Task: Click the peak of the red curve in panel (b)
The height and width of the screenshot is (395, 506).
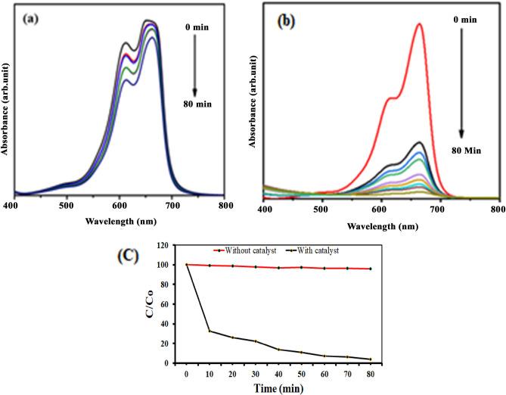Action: tap(418, 23)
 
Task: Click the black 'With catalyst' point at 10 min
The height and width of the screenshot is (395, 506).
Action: tap(209, 331)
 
